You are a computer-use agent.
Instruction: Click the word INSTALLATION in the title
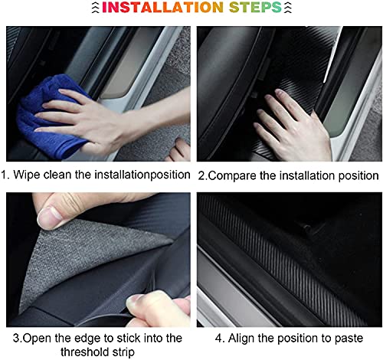click(162, 7)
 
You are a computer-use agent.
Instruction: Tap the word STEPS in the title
click(255, 7)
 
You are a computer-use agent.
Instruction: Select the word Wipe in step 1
click(27, 175)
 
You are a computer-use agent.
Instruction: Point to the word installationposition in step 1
click(142, 175)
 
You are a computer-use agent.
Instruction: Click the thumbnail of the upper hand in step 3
click(49, 218)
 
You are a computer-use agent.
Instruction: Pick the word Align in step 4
click(241, 339)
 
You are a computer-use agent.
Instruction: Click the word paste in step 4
click(349, 339)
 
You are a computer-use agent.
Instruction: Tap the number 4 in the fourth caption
click(218, 339)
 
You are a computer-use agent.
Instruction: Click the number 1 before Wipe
click(4, 175)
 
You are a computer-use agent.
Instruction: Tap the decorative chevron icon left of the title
click(95, 7)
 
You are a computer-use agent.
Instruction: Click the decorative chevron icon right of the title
click(288, 7)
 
